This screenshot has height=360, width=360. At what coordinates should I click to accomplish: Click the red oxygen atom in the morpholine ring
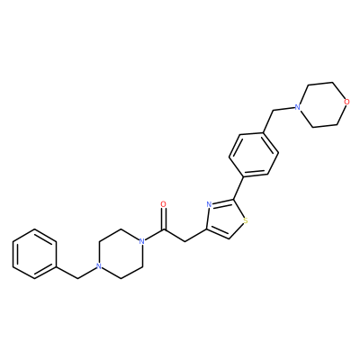coord(346,102)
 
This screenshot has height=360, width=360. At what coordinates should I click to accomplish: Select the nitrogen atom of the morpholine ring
coord(297,107)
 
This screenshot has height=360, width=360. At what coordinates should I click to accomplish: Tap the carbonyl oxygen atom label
coord(163,204)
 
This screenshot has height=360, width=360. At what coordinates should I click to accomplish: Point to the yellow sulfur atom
coord(246,221)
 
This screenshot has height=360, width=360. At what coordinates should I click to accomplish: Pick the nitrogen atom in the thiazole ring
coord(210,204)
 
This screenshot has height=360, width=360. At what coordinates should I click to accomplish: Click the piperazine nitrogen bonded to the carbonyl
coord(142,241)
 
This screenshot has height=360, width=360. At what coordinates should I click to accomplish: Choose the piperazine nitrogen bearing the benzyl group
coord(98,266)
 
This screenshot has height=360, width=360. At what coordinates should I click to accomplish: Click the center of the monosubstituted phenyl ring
coord(34,254)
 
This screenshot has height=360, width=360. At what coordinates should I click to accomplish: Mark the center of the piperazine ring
coord(121,254)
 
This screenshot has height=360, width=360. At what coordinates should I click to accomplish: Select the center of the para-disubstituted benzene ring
coord(254,155)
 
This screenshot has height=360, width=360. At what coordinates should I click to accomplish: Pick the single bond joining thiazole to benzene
coord(238,188)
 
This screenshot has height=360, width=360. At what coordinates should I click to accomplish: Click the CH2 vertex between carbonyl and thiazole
coord(183,241)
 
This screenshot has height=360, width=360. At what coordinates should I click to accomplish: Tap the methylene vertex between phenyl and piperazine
coord(77,279)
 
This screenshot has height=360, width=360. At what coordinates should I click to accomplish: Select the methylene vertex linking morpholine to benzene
coord(274,111)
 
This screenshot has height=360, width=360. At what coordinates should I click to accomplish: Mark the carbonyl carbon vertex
coord(163,230)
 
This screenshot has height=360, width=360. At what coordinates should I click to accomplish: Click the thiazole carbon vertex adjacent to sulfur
coord(229,239)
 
